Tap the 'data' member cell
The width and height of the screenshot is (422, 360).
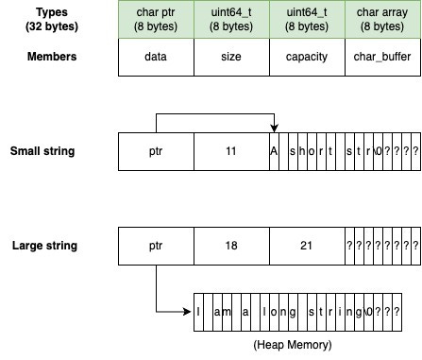[156, 57]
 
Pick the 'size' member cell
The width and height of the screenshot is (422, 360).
[231, 57]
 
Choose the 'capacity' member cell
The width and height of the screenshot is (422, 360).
[307, 57]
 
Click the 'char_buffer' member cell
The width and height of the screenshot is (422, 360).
[382, 57]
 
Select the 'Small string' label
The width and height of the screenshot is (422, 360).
[44, 151]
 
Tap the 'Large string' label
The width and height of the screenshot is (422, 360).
[44, 246]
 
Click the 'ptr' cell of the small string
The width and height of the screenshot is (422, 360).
[156, 151]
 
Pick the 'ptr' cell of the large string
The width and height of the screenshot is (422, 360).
[156, 246]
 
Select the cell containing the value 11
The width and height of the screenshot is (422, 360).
[231, 151]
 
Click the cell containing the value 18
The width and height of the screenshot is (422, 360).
[231, 246]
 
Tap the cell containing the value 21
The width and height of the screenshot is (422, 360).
[307, 246]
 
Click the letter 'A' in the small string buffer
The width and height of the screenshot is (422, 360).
[274, 151]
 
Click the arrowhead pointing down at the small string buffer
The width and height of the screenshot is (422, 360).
[274, 129]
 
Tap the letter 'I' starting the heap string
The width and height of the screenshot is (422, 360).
[199, 312]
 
